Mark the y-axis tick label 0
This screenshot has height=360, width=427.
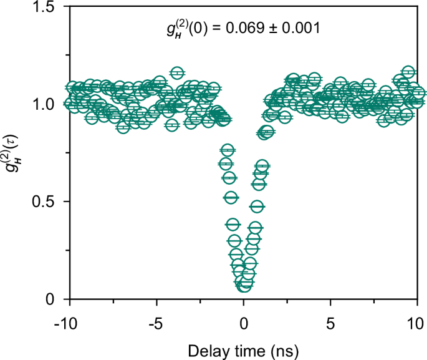pos(53,299)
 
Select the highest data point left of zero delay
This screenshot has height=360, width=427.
pos(177,73)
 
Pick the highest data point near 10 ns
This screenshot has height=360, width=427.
pos(408,72)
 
